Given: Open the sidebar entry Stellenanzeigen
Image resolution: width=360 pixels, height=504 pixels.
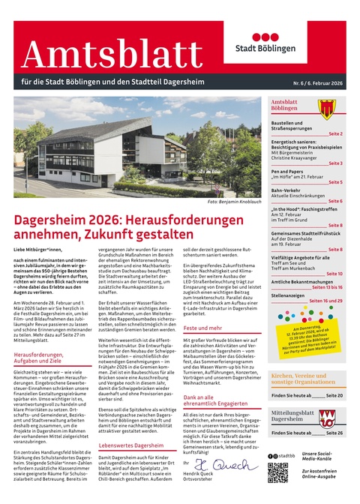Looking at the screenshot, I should coord(292,296).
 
